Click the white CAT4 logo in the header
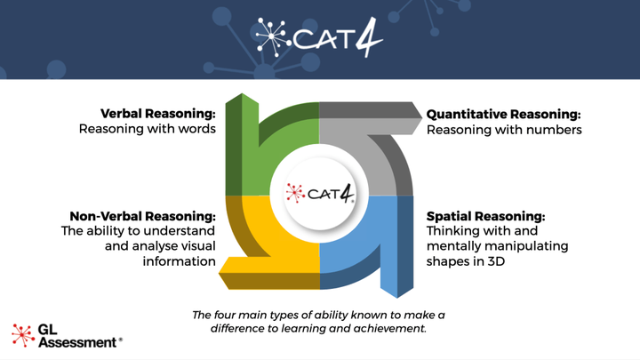[318, 36]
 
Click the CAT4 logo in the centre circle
[320, 193]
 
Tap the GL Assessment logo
[67, 335]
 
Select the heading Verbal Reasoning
[157, 114]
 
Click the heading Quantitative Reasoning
[503, 114]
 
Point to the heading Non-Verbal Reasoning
[142, 216]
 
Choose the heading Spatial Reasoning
[485, 216]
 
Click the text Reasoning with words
[148, 130]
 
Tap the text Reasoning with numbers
[504, 130]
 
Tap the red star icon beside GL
[22, 333]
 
